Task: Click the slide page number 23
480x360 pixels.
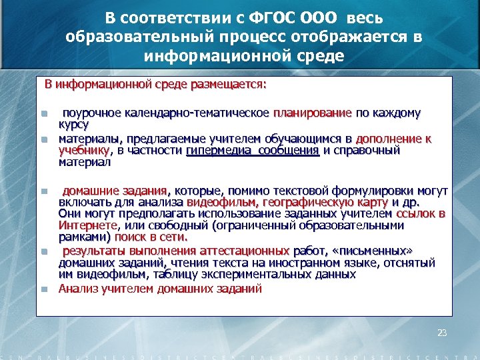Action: coord(441,332)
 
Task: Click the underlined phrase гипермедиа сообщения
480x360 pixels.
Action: coord(253,150)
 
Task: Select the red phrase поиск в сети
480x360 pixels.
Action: coord(151,237)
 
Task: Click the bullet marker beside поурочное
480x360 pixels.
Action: coord(43,113)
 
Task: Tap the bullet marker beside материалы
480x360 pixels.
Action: coord(43,139)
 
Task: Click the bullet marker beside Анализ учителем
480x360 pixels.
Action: coord(43,289)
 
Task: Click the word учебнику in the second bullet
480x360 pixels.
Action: coord(83,150)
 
